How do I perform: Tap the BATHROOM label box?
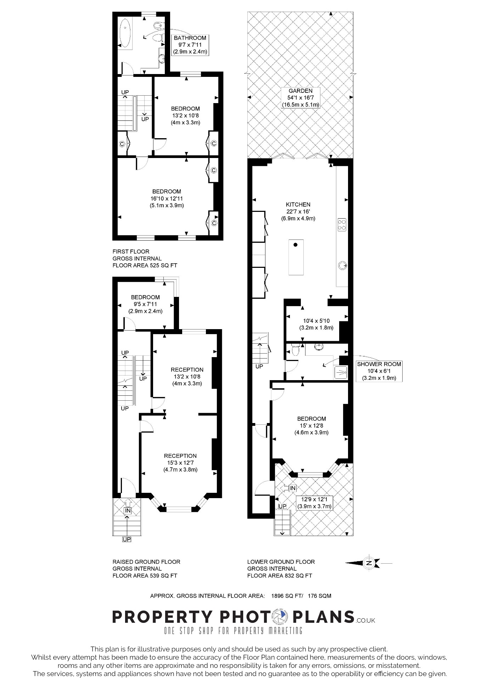190,45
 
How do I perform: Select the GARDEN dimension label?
300,98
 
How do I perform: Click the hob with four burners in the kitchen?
342,224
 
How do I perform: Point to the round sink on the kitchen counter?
343,265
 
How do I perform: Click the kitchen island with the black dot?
296,257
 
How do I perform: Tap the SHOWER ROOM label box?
379,371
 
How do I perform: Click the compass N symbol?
369,563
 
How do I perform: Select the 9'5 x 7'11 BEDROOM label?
145,304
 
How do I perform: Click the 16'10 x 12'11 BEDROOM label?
167,198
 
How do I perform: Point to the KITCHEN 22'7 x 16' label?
298,211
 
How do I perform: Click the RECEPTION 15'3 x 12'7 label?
180,463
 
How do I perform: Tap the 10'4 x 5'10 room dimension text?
316,324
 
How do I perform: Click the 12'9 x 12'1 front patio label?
314,503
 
